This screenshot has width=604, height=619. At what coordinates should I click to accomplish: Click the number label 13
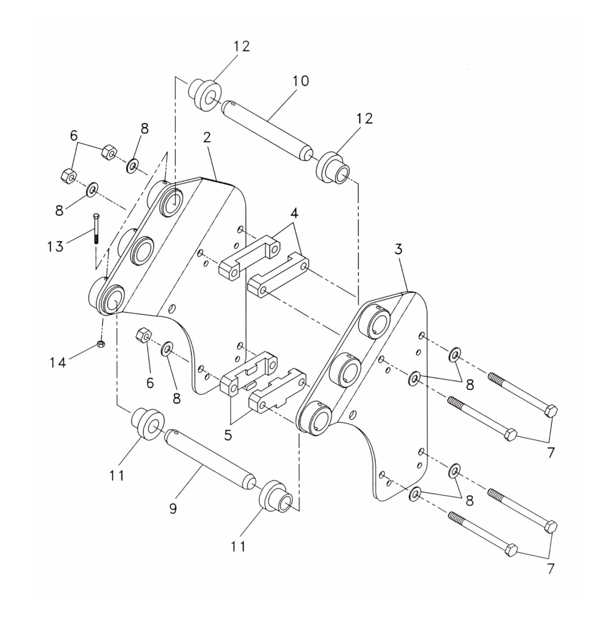(x=55, y=246)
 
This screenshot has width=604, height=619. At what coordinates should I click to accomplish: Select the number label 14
(x=58, y=362)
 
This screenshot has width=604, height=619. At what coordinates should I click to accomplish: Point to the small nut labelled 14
(x=100, y=344)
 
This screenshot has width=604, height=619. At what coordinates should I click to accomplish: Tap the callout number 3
(x=398, y=250)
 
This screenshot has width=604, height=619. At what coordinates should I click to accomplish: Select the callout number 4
(x=294, y=214)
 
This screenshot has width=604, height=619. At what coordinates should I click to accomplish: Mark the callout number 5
(x=228, y=435)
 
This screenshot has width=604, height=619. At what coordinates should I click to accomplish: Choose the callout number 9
(x=173, y=508)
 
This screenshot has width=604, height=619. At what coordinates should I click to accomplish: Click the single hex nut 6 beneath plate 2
(x=143, y=335)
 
